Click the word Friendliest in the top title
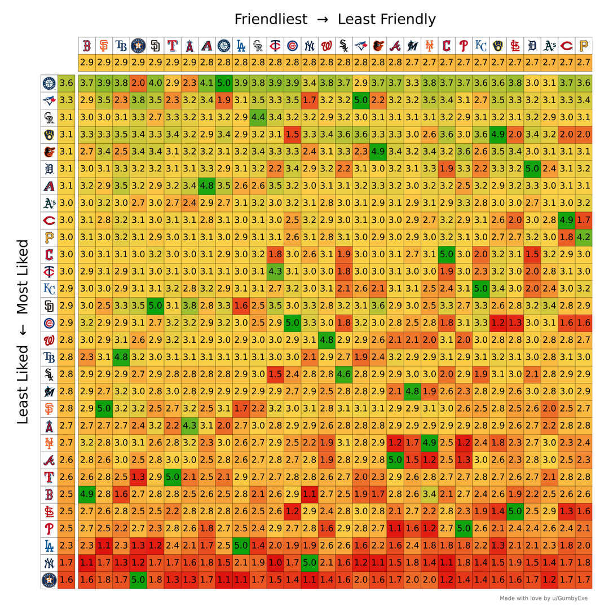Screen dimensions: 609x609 [x=271, y=19]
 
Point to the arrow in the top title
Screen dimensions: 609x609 [x=323, y=20]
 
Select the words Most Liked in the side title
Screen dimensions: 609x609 [x=23, y=276]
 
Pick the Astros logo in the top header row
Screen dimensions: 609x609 [x=138, y=46]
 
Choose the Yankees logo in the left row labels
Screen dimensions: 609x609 [x=49, y=563]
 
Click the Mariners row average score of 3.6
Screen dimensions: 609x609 [x=66, y=83]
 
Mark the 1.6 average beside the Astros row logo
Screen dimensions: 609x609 [x=66, y=580]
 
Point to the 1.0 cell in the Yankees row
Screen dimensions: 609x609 [x=275, y=563]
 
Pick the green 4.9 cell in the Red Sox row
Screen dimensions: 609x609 [x=86, y=495]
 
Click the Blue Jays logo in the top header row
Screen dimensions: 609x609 [x=361, y=46]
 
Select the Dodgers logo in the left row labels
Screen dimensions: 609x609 [x=49, y=546]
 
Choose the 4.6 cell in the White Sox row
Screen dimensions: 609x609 [x=343, y=374]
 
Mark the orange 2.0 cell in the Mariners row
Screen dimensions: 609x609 [x=138, y=83]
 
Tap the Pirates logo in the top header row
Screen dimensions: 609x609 [x=584, y=46]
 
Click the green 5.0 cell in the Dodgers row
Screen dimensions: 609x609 [x=241, y=546]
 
